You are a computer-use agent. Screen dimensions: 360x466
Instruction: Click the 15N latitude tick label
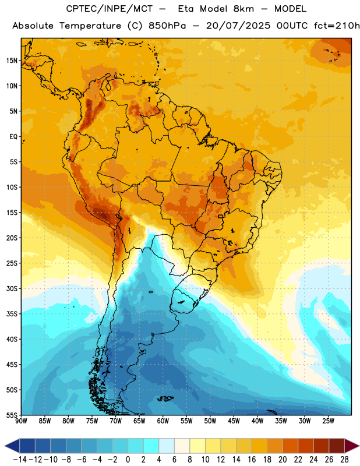point(12,61)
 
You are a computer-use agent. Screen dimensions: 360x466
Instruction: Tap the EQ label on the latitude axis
point(13,137)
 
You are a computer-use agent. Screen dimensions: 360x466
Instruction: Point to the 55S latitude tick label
point(12,415)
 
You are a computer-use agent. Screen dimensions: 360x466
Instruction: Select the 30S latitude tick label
point(12,288)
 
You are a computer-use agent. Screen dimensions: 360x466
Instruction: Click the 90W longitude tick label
point(21,421)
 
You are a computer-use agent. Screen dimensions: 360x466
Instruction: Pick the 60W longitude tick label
point(163,421)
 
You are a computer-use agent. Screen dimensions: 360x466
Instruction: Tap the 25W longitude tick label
point(328,421)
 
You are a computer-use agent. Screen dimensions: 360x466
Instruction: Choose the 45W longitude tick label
point(234,421)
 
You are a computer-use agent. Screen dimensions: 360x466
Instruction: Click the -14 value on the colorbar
point(20,460)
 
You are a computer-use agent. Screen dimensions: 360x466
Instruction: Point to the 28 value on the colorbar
point(344,460)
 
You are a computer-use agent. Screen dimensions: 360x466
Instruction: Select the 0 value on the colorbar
point(128,460)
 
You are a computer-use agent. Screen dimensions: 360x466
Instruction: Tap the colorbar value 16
point(252,460)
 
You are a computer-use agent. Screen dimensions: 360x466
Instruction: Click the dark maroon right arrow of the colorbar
point(351,446)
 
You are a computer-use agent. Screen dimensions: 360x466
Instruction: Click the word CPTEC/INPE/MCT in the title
point(109,9)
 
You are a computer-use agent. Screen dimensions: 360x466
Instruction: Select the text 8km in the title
point(243,9)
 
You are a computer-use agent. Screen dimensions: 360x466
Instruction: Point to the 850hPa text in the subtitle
point(167,26)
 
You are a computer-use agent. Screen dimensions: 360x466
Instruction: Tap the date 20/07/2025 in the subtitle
point(238,26)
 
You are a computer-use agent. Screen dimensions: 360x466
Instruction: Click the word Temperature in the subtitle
point(90,26)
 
